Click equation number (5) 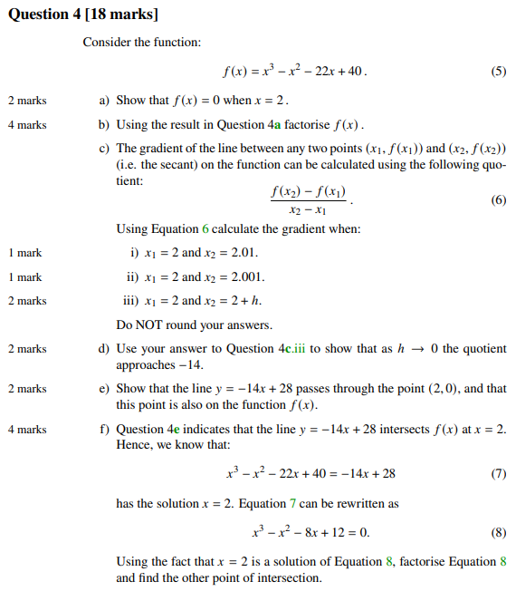(x=499, y=72)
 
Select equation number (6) (x=499, y=200)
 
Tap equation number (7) (x=499, y=473)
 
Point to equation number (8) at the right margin (x=499, y=532)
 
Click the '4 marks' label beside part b (x=27, y=125)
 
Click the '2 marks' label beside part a (x=27, y=101)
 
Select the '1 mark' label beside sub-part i (x=24, y=253)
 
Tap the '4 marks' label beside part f (x=27, y=429)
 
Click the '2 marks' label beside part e (x=27, y=389)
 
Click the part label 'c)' (x=104, y=149)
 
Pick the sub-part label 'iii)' (x=129, y=301)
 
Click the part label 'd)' (x=104, y=349)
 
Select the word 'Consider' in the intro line (x=105, y=43)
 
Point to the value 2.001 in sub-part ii (x=246, y=277)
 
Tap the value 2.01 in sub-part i (x=243, y=253)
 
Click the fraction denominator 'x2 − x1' (x=308, y=210)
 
